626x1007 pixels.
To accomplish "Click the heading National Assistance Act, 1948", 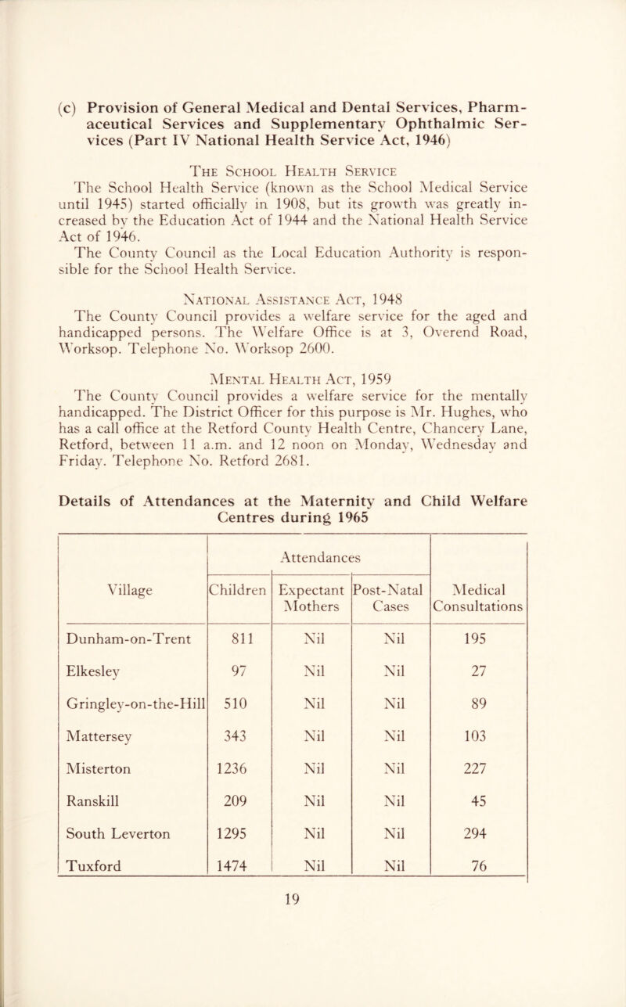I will tap(311, 261).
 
